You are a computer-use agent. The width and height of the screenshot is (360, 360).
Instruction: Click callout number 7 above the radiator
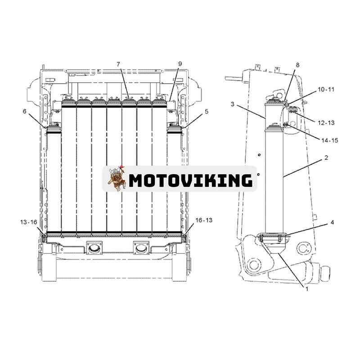tap(118, 64)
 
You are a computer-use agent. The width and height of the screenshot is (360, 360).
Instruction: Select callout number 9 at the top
tap(180, 64)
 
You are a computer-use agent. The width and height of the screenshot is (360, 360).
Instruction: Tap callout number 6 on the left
tap(25, 111)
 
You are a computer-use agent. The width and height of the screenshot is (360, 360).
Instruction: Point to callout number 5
tap(207, 112)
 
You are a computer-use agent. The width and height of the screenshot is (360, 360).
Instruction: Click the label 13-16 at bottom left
tap(28, 222)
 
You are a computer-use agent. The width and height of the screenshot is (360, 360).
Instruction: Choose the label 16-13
tap(204, 220)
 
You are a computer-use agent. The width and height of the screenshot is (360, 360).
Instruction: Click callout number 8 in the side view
tap(297, 65)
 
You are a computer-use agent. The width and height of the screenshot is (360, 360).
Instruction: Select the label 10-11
tap(326, 89)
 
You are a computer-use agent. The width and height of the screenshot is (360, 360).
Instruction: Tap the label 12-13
tap(326, 123)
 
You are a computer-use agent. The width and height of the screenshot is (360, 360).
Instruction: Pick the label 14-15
tap(330, 140)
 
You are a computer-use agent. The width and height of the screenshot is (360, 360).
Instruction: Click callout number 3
tap(233, 104)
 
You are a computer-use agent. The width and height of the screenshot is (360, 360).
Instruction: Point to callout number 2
tap(326, 158)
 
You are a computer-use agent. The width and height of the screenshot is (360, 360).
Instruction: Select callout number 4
tap(332, 222)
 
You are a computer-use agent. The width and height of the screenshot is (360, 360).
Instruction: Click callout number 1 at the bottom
tap(307, 289)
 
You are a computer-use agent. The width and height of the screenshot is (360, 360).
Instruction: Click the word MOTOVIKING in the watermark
tap(191, 180)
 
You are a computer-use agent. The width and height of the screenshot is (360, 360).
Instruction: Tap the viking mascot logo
tap(117, 178)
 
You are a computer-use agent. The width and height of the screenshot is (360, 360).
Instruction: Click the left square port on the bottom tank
tap(94, 247)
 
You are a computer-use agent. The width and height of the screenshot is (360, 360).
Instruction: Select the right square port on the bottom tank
tap(141, 247)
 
